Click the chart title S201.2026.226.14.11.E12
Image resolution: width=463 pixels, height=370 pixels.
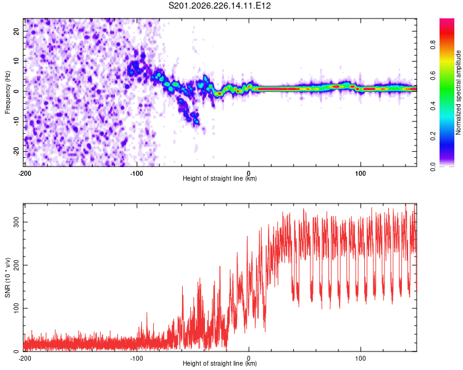click(219, 6)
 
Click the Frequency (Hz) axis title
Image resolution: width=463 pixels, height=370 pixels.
click(7, 92)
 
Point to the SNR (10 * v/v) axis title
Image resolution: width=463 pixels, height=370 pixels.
click(7, 277)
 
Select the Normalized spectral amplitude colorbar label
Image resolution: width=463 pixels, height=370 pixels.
click(458, 92)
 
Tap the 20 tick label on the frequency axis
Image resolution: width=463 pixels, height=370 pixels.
click(16, 31)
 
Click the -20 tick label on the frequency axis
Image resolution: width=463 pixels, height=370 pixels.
click(16, 151)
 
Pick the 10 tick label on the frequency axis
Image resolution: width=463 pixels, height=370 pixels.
click(16, 61)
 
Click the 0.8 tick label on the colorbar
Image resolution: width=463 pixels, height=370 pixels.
click(433, 45)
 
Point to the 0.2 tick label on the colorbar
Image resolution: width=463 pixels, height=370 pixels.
click(433, 136)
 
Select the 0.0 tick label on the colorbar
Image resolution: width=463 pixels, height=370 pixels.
click(433, 166)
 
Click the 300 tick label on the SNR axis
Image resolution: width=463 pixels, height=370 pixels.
click(16, 222)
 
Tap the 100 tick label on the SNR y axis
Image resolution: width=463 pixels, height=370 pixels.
click(16, 308)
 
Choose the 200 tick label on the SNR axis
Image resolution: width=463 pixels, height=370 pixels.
click(16, 265)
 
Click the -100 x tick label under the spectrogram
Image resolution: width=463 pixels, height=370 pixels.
click(136, 173)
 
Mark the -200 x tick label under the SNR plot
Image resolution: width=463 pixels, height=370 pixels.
click(25, 358)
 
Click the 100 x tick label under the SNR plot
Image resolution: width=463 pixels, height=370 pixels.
click(361, 358)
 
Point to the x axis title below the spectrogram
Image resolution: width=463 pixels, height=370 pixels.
click(220, 178)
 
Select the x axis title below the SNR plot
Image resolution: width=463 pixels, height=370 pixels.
click(220, 363)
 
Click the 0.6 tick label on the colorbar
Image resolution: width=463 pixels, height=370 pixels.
click(433, 75)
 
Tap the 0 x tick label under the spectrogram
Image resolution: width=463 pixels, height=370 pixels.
click(249, 173)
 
